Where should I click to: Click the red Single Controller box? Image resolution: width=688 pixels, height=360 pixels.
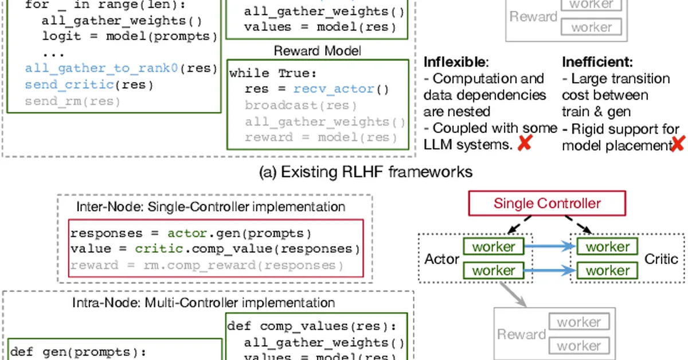point(547,204)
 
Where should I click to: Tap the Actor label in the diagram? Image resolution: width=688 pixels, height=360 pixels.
point(441,259)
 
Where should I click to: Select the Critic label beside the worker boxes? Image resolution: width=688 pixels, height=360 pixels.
point(662,259)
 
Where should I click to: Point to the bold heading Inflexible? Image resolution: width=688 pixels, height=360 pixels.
point(456,61)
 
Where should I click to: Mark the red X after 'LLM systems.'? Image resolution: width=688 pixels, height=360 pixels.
point(523,144)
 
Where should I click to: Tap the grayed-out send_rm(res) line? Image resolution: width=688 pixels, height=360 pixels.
point(73,101)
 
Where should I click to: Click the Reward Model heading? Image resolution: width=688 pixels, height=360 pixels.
point(317,51)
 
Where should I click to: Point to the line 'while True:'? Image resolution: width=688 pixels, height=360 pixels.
point(265,73)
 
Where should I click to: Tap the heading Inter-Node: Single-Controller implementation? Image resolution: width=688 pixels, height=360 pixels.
point(211,206)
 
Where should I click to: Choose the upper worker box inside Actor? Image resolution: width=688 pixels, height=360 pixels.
point(493,247)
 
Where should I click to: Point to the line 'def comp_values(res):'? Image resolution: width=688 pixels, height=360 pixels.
point(312,326)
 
